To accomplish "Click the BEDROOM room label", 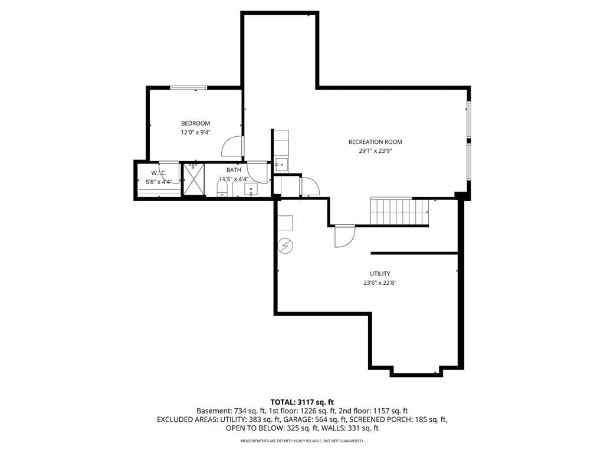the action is pos(196,123).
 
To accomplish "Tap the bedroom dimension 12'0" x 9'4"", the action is pos(196,133).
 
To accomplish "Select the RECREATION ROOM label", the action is pos(375,142).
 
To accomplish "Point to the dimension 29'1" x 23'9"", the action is pos(375,152).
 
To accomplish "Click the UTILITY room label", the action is pos(380,274).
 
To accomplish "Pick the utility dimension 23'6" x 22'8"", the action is pos(380,283).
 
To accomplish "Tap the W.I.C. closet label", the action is pos(159,173).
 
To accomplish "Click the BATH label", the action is pos(234,170).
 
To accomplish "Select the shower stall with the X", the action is pos(193,179).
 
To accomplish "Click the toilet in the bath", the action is pos(222,189).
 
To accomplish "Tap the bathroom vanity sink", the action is pos(251,189).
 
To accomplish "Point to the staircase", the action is pos(399,211).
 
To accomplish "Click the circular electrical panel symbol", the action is pos(285,246).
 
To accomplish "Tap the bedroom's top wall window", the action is pos(189,88).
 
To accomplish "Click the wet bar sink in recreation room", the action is pos(281,165).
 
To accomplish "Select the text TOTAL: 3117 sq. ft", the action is pos(302,403).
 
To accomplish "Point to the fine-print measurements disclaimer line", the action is pos(302,441).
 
